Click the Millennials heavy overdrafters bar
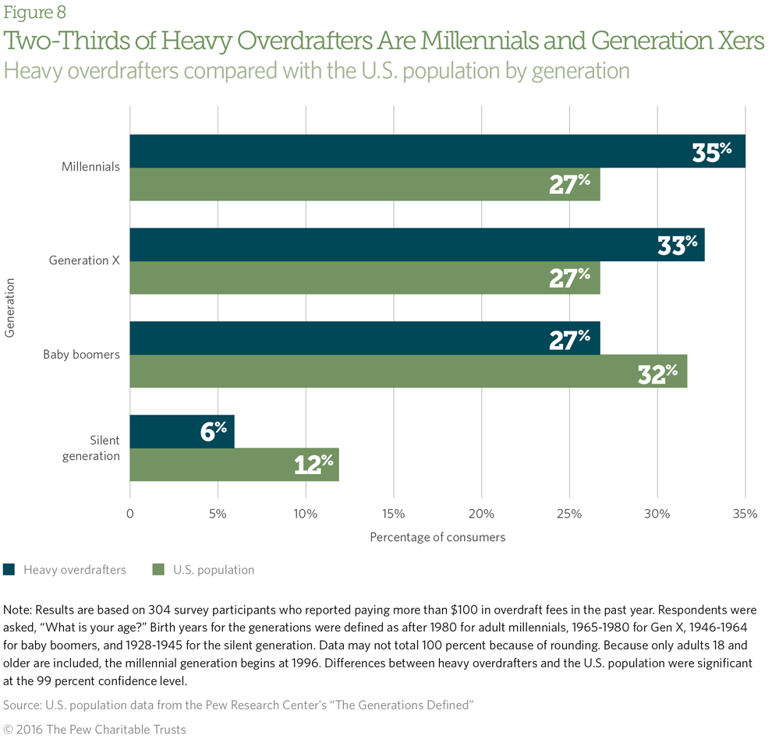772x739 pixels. click(437, 151)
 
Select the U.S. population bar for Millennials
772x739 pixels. click(364, 185)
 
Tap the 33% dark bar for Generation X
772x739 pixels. click(416, 245)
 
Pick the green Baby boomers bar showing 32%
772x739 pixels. click(408, 372)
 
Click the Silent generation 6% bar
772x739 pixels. click(182, 432)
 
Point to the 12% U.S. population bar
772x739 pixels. click(234, 465)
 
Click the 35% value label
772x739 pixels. click(711, 152)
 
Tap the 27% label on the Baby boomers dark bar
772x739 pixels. click(569, 340)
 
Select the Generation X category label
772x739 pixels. click(84, 260)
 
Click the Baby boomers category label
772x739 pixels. click(81, 355)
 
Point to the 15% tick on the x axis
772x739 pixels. click(394, 514)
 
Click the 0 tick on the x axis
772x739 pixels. click(129, 514)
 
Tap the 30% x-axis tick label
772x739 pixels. click(657, 514)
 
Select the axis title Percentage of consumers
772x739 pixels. click(437, 537)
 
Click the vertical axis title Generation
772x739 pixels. click(10, 309)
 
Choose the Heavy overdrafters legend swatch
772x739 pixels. click(9, 570)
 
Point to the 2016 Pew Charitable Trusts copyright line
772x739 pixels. click(94, 730)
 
